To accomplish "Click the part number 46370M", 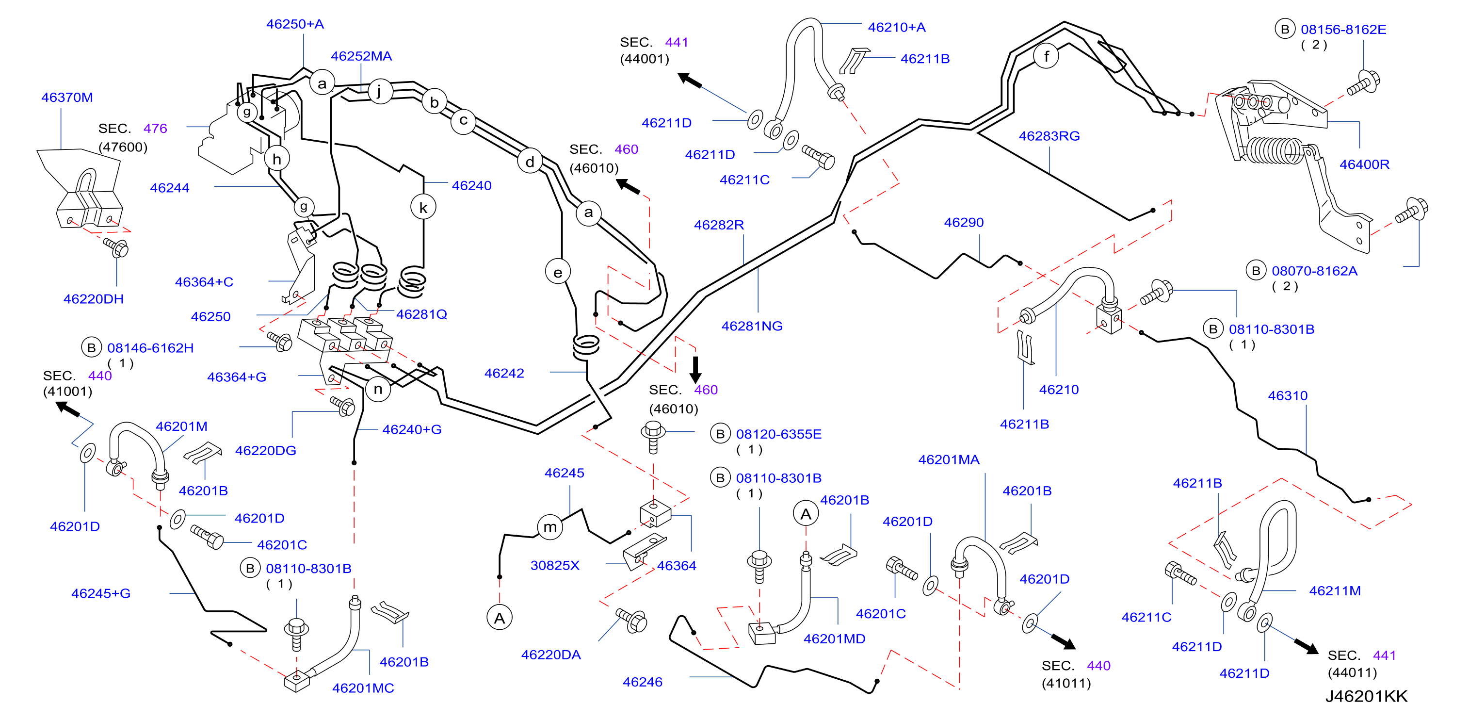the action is [x=67, y=98].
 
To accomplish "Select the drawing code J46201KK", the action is [x=1366, y=696].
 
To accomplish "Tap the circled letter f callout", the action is [x=1046, y=56].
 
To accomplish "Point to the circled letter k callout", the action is [x=423, y=208].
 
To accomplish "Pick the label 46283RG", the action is [x=1049, y=136].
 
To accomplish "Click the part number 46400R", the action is [x=1364, y=164].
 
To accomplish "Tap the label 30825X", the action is [x=555, y=565].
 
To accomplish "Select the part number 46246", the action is [x=643, y=682].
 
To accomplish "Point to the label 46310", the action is [x=1288, y=395].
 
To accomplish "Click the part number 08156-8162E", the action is [x=1343, y=29].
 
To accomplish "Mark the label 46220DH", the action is [x=94, y=299].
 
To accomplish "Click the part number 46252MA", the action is [x=361, y=56].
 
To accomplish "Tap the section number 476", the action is [x=155, y=129].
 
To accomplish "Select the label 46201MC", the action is [x=363, y=688].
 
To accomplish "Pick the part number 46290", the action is [x=964, y=223].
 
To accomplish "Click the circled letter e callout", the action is [x=558, y=273].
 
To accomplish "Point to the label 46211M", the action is [x=1335, y=590].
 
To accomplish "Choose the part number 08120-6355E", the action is [x=778, y=434].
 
